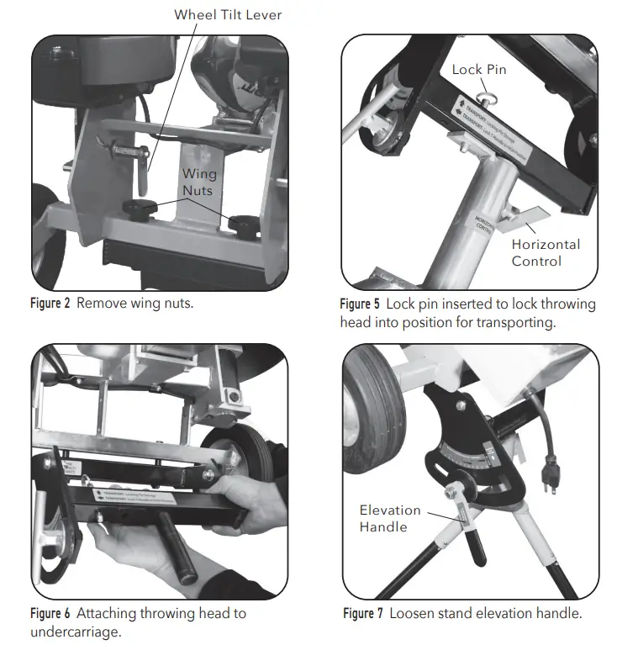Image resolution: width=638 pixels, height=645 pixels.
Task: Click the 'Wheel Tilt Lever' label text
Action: pyautogui.click(x=228, y=14)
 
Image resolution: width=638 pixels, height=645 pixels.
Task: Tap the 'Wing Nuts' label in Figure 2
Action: pyautogui.click(x=199, y=182)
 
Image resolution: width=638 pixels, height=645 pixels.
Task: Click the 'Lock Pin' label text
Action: pyautogui.click(x=479, y=69)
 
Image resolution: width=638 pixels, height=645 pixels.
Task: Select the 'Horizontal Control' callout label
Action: pyautogui.click(x=546, y=252)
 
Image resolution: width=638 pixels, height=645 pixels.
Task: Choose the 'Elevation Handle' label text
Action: pyautogui.click(x=389, y=518)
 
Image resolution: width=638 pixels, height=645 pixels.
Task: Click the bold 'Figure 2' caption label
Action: pyautogui.click(x=50, y=303)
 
